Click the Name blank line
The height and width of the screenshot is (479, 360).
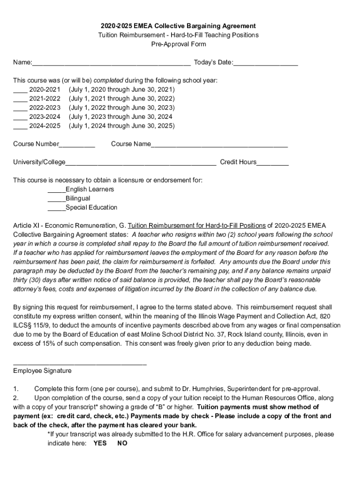tap(111, 63)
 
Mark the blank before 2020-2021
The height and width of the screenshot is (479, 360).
tap(20, 89)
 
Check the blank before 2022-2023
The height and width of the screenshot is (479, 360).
tap(20, 108)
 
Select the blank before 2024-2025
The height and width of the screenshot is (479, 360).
tap(20, 126)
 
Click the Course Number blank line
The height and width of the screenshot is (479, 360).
tap(77, 144)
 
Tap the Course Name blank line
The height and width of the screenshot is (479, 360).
tap(219, 144)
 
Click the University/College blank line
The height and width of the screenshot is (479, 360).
tap(141, 162)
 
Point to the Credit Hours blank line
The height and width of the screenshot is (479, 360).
tap(273, 162)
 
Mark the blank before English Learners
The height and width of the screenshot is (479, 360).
tap(57, 189)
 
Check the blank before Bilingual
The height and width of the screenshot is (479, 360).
tap(57, 199)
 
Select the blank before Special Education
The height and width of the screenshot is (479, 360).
tap(57, 208)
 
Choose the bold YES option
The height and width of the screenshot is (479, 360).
tap(100, 443)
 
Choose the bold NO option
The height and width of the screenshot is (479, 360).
tap(122, 443)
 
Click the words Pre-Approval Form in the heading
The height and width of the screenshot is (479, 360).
tap(178, 44)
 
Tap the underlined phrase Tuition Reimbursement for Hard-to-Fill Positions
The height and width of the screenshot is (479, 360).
tap(196, 225)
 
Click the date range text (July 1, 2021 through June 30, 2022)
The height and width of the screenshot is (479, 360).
tap(122, 99)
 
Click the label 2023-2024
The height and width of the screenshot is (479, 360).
tap(44, 117)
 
